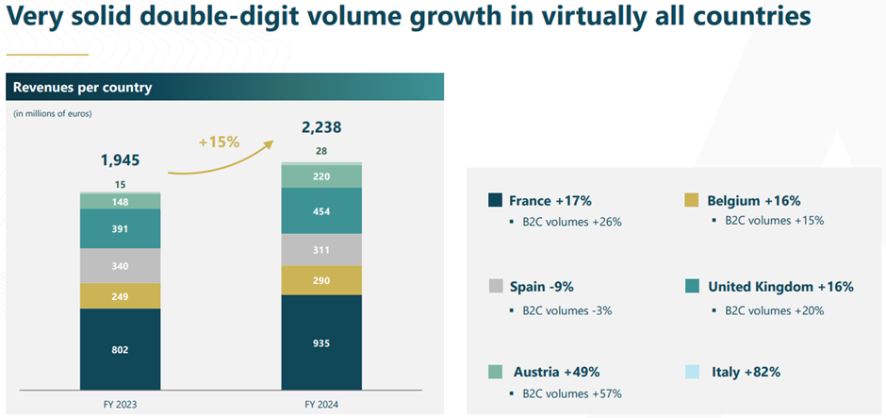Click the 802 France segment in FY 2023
[120, 350]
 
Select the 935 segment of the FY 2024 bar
[322, 343]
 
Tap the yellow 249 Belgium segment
[120, 296]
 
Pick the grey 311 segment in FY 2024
[322, 249]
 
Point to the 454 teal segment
[322, 211]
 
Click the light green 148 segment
[120, 201]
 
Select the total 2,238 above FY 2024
[322, 128]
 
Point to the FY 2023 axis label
[120, 404]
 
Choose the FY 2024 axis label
[321, 404]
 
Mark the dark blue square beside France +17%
[495, 200]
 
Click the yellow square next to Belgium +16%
[689, 200]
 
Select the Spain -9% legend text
[543, 286]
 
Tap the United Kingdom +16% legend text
[780, 286]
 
